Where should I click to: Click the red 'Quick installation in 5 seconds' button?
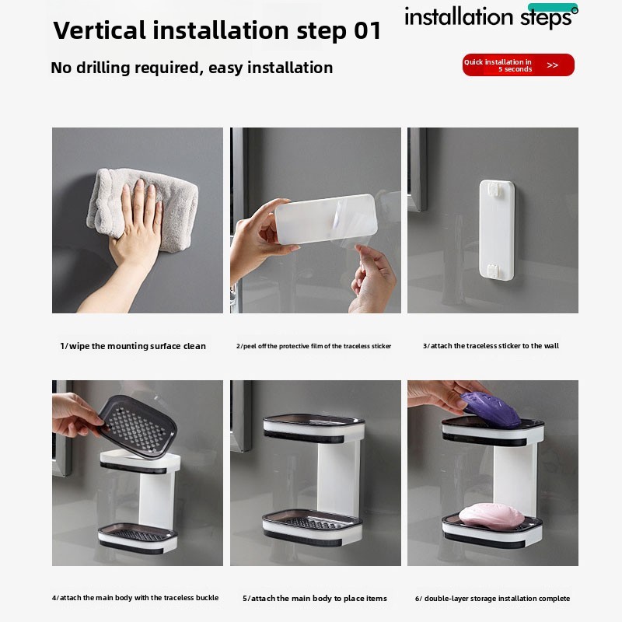[x=518, y=65]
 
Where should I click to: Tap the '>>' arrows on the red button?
[x=552, y=65]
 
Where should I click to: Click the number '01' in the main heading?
[x=367, y=30]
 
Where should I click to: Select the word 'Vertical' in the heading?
[x=100, y=30]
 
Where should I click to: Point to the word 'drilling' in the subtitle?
[x=103, y=68]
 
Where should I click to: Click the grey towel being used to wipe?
[x=143, y=208]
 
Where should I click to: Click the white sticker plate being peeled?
[x=325, y=218]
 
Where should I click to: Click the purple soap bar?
[x=491, y=410]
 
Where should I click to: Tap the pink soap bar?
[x=491, y=515]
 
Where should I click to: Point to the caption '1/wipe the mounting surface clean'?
[x=133, y=346]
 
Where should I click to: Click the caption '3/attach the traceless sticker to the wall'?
[x=491, y=346]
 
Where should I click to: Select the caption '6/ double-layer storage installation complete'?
[x=492, y=598]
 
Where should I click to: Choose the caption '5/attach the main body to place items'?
[x=315, y=598]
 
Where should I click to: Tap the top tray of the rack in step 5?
[x=313, y=428]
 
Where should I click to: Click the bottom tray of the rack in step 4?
[x=138, y=538]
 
